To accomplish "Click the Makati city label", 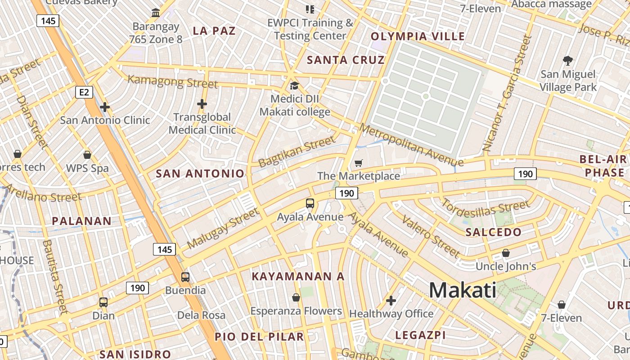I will pos(462,290).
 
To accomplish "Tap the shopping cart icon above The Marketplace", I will pos(358,163).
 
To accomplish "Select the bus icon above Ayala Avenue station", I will pos(310,203).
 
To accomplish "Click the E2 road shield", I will pos(84,93).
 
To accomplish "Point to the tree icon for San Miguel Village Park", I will pos(568,60).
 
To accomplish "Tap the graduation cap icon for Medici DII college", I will pos(294,85).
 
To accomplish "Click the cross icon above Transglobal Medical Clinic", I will pos(202,104).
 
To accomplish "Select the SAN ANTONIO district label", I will pos(200,174).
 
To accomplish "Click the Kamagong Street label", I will pos(173,82).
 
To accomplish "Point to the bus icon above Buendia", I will pos(185,277).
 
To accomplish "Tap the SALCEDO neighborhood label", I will pos(493,232).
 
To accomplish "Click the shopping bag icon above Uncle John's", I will pos(506,253).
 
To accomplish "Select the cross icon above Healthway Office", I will pos(391,300).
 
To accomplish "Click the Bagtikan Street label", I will pos(297,152).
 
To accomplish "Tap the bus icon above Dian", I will pos(103,302).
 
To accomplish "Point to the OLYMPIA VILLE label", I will pos(418,36).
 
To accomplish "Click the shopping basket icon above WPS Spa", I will pos(87,155).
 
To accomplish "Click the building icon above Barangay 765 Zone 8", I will pos(156,13).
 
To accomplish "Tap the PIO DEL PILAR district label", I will pos(259,337).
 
